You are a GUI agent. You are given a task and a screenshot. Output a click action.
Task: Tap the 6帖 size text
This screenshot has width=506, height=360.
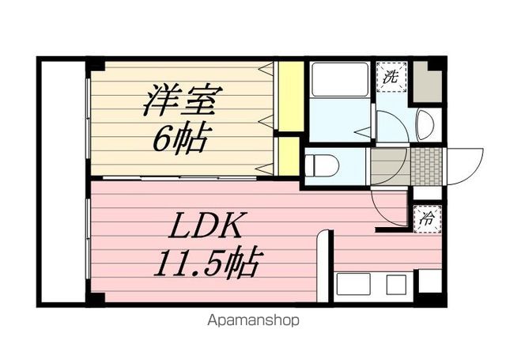click(181, 140)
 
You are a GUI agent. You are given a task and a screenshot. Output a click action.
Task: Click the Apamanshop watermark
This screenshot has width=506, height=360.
click(253, 320)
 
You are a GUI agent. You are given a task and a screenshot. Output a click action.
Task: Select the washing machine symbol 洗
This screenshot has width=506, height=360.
click(391, 77)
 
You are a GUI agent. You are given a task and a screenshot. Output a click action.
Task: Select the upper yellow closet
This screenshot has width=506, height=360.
click(291, 97)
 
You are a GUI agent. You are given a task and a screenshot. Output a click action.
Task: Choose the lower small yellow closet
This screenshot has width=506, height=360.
click(290, 156)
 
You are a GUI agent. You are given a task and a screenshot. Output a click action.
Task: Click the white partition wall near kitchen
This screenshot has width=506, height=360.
click(323, 266)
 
